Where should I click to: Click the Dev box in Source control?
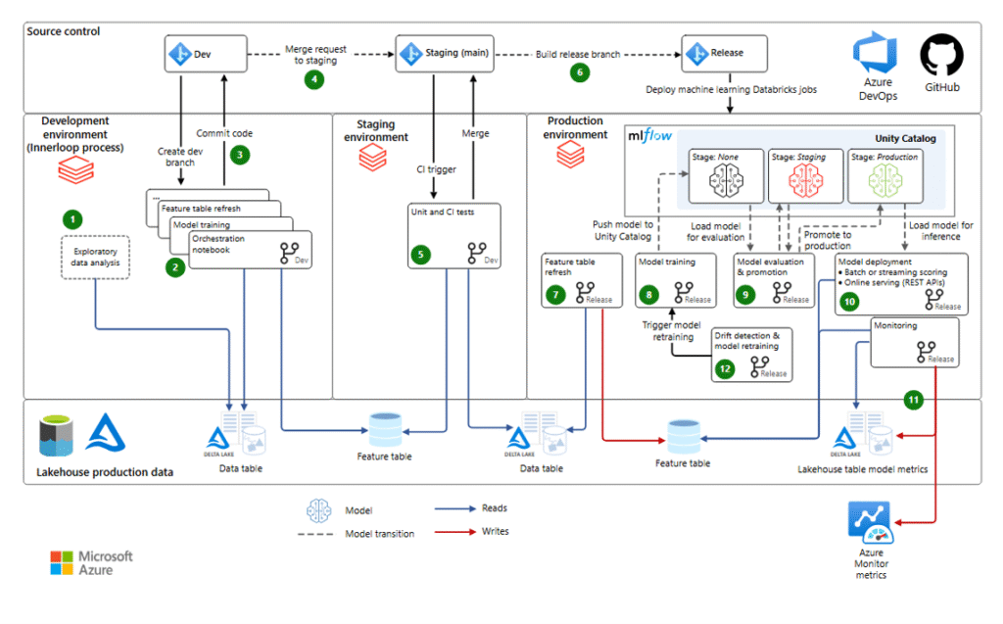tap(205, 53)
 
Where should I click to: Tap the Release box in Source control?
tap(725, 53)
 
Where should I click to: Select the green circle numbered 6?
tap(581, 72)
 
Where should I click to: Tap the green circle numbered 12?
tap(724, 369)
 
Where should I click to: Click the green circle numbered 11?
tap(913, 400)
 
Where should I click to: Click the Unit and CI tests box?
tap(453, 236)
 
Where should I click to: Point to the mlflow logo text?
tap(649, 136)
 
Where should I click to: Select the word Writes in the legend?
tap(495, 531)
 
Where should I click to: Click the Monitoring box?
tap(914, 342)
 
